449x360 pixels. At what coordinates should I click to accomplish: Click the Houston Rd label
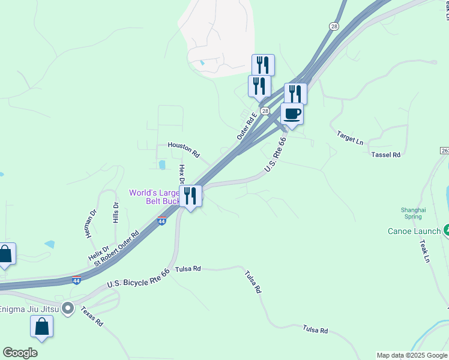coord(183,145)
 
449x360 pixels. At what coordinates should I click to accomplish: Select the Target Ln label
coord(350,139)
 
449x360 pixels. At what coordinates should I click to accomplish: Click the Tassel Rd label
coord(385,155)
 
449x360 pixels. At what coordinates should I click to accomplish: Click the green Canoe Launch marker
coord(447,230)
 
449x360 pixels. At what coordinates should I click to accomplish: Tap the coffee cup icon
coord(292,113)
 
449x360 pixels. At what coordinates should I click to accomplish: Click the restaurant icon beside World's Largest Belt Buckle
coord(190,195)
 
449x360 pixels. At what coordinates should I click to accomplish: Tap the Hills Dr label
coord(116,212)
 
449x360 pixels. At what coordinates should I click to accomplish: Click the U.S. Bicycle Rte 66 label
coord(138,277)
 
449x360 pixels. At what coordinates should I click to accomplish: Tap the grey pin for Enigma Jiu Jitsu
coord(68,309)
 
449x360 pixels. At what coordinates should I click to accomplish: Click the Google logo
coord(20,353)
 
